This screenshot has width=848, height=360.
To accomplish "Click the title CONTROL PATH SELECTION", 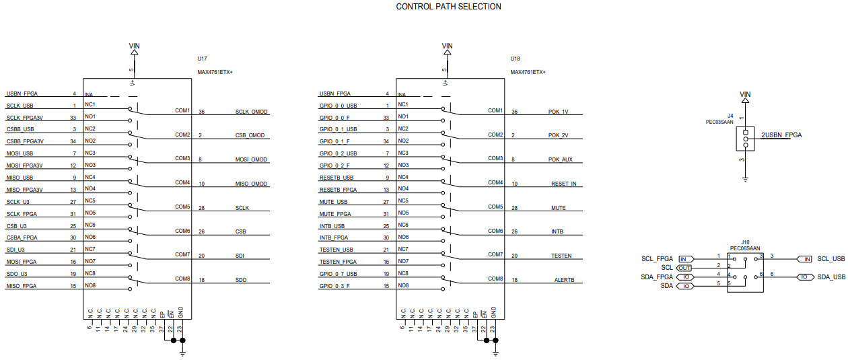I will pyautogui.click(x=448, y=7).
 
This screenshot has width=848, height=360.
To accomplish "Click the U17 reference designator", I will pyautogui.click(x=202, y=59).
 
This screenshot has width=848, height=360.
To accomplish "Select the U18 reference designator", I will pyautogui.click(x=515, y=59).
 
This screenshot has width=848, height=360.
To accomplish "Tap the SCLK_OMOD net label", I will pyautogui.click(x=251, y=112).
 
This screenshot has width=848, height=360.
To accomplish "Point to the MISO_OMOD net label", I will pyautogui.click(x=251, y=184).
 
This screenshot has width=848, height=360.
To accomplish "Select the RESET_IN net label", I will pyautogui.click(x=564, y=184).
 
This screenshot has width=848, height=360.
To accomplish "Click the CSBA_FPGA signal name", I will pyautogui.click(x=22, y=237).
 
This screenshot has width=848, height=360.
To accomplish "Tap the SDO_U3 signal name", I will pyautogui.click(x=17, y=273).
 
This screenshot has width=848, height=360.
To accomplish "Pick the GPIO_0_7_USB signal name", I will pyautogui.click(x=339, y=273).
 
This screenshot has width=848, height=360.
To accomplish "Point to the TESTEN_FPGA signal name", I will pyautogui.click(x=338, y=261).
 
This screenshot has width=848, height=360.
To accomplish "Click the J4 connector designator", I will pyautogui.click(x=730, y=116).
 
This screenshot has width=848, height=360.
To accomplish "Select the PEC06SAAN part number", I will pyautogui.click(x=745, y=248).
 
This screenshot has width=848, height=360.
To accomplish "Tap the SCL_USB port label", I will pyautogui.click(x=831, y=259).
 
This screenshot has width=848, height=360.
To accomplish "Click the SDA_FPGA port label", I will pyautogui.click(x=657, y=277).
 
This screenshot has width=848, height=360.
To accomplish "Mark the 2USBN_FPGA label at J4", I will pyautogui.click(x=781, y=135).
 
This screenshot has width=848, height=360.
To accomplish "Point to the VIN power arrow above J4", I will pyautogui.click(x=745, y=100).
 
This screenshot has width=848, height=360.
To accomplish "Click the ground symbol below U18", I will pyautogui.click(x=495, y=351).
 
